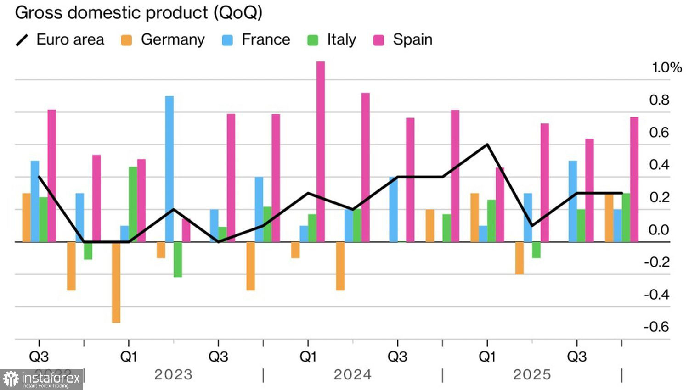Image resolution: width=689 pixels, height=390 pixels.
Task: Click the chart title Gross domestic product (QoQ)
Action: [x=139, y=12]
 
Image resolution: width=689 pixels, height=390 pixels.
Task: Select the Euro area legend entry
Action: [x=60, y=40]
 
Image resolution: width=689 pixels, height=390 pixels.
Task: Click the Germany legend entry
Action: [x=164, y=40]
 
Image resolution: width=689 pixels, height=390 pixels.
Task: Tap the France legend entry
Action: [x=256, y=40]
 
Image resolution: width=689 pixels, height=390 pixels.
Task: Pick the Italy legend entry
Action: [x=332, y=40]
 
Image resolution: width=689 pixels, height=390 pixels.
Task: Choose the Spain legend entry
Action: [x=403, y=40]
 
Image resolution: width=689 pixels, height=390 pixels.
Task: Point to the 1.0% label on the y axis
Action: [x=666, y=68]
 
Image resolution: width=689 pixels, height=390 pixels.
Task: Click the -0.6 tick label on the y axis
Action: [x=656, y=327]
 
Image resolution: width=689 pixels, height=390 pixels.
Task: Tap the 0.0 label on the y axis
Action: [x=659, y=230]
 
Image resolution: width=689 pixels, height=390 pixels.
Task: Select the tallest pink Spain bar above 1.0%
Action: [x=321, y=151]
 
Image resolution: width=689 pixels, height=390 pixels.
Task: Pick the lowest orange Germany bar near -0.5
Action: [x=116, y=282]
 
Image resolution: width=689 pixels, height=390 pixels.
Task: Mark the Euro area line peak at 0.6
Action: [x=487, y=145]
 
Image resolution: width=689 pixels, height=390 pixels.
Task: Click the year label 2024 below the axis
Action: [x=352, y=375]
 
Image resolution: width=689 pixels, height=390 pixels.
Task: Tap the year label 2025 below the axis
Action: [x=532, y=375]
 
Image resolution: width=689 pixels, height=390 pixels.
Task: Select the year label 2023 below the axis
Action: [x=173, y=375]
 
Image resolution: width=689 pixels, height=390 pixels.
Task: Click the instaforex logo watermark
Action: [x=41, y=379]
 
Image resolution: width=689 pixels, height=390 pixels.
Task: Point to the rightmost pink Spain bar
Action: [x=634, y=179]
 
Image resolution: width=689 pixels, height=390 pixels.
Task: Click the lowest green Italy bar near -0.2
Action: [x=178, y=259]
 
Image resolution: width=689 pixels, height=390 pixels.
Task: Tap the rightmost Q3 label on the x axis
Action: [x=577, y=357]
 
